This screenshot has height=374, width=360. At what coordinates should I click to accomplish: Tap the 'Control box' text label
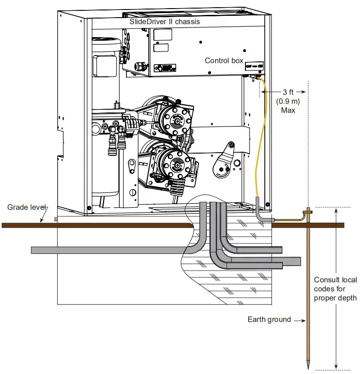[224, 61]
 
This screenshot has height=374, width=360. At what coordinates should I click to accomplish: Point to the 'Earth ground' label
[269, 320]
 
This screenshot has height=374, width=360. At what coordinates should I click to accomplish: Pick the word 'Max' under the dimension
[288, 110]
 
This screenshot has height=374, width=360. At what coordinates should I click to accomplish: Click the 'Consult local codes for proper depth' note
[335, 289]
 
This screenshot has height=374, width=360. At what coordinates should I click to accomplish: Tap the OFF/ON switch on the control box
[254, 66]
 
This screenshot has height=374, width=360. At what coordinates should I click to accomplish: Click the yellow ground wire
[262, 136]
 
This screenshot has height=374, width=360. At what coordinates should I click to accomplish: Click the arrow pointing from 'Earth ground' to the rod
[300, 320]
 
